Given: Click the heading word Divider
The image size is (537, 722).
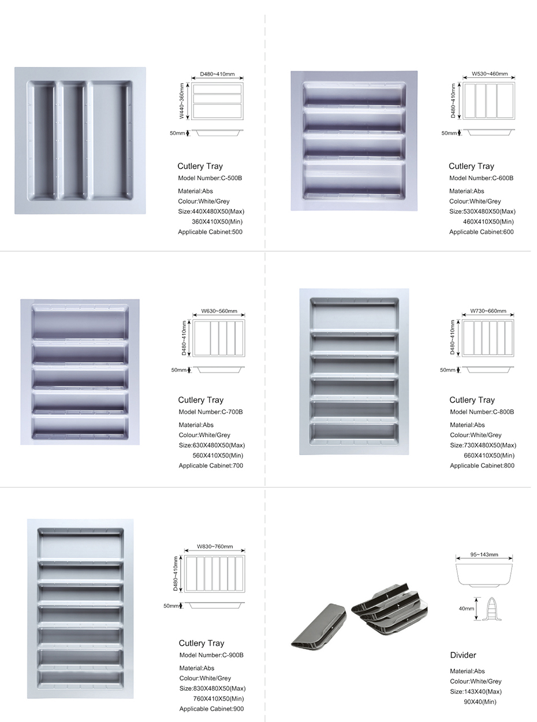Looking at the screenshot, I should coord(463,655).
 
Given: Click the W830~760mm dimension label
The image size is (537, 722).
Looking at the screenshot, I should coord(215,546).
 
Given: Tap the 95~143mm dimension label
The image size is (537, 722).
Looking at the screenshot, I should coord(484,554).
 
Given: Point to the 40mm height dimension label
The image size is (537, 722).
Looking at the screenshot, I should coord(467,609).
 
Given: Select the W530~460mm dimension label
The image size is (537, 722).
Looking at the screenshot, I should coord(490,74).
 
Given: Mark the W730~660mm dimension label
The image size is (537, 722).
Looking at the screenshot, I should coord(488,311).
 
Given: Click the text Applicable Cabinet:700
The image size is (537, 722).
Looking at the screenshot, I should coord(211,466).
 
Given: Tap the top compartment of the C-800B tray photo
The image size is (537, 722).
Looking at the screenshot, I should coord(354,315).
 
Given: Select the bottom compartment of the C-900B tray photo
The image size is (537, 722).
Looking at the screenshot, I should coord(80,679).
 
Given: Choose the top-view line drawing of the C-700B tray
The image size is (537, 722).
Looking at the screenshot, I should coord(219,338).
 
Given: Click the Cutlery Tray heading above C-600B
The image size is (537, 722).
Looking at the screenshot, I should coord(471,166).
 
